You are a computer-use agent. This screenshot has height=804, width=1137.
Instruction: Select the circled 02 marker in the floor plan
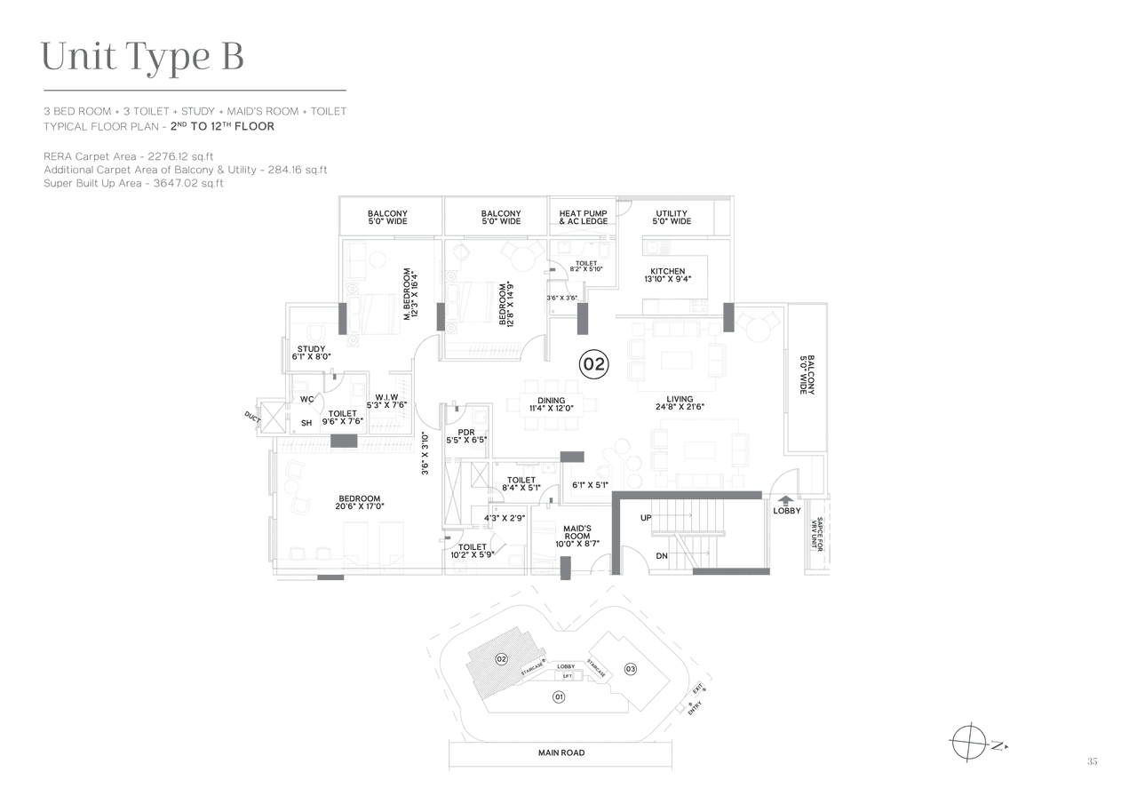[x=593, y=363]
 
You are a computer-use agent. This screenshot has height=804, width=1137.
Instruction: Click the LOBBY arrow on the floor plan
[x=785, y=500]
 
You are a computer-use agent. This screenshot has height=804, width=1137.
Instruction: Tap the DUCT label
[x=252, y=417]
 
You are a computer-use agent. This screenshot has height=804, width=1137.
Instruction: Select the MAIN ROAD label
[x=561, y=752]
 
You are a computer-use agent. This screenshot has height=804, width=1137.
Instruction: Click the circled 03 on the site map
[x=631, y=669]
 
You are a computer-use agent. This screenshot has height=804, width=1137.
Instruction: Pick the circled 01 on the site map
[x=559, y=697]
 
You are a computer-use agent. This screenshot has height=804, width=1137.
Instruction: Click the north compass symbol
[x=970, y=743]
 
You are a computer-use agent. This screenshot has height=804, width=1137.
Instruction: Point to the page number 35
[x=1092, y=761]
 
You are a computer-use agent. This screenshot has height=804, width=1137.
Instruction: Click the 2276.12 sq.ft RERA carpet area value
[x=175, y=156]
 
